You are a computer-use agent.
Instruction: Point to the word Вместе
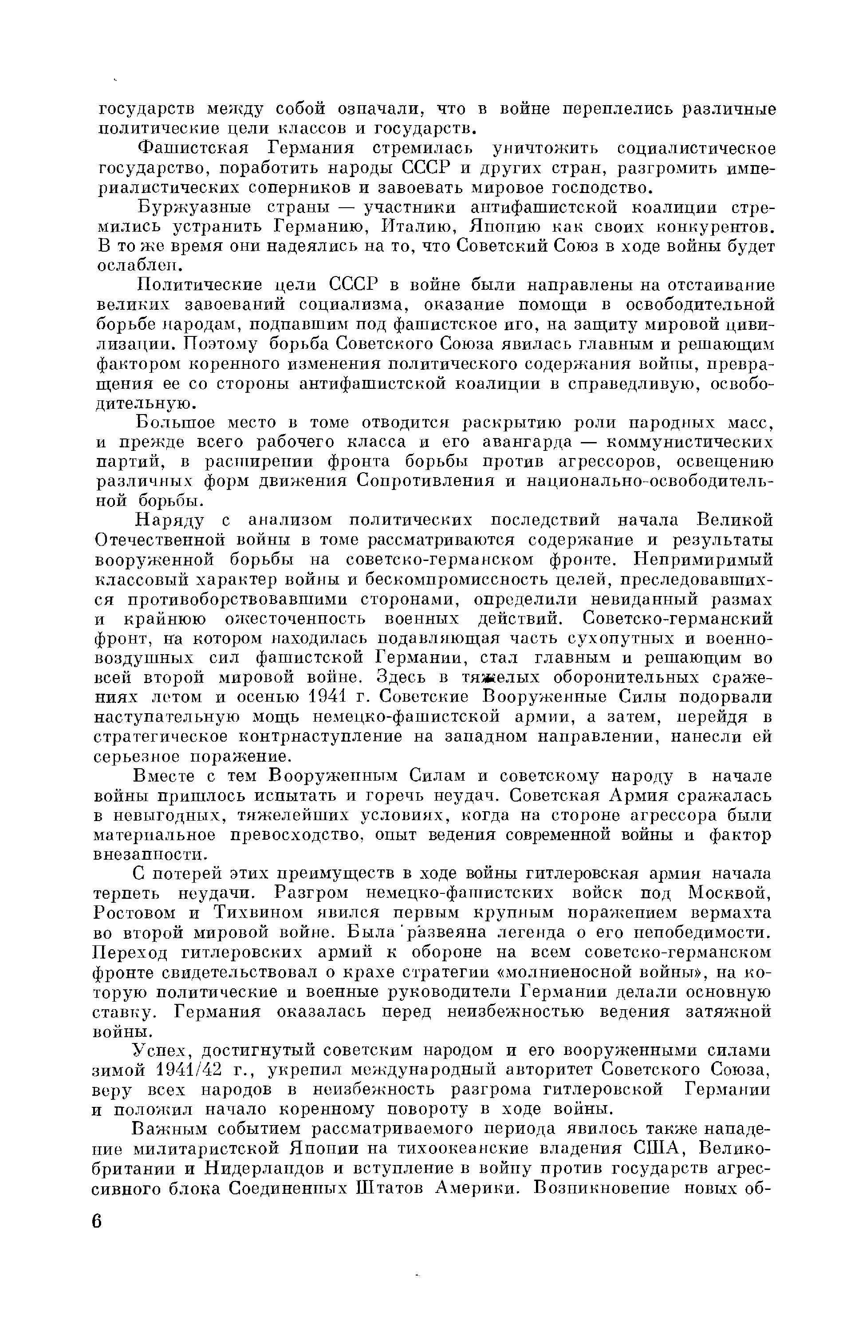click(166, 777)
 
